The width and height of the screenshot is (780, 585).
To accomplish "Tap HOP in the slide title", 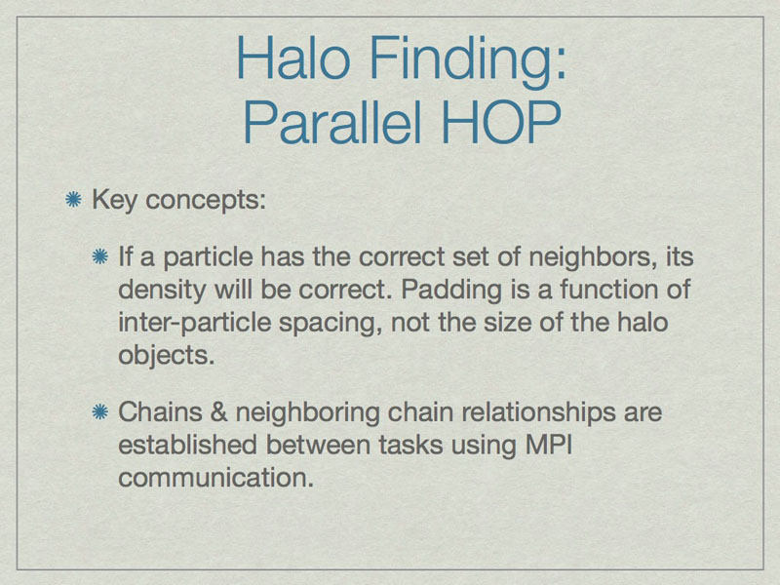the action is (501, 122).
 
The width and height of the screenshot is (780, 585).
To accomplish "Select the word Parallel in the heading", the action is (332, 122).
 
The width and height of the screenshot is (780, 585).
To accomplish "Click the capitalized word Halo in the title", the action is (293, 58).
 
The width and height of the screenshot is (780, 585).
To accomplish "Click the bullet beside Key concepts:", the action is (74, 200).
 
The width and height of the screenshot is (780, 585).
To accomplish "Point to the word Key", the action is (114, 201).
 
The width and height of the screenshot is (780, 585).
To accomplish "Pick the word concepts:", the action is (206, 202).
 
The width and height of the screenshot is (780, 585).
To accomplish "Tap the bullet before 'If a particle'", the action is (100, 256).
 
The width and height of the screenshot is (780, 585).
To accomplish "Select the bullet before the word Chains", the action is (100, 411).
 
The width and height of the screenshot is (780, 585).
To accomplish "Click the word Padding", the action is (451, 291).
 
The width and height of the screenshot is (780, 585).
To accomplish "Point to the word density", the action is (162, 291).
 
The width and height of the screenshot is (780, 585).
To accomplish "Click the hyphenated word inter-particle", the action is (194, 324).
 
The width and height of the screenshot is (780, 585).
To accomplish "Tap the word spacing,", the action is (331, 324).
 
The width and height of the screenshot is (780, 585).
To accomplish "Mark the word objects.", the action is (166, 355).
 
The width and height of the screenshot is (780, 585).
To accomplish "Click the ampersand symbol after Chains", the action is (218, 412).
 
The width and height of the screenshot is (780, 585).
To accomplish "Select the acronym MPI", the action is (549, 445).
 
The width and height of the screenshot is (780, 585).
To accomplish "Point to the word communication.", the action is (215, 478).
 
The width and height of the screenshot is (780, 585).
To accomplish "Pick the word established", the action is (187, 445).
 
